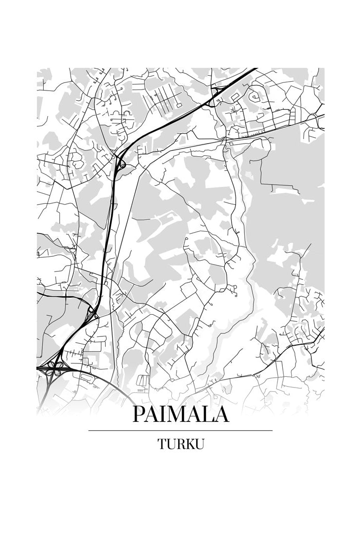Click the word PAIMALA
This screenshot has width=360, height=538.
pos(180,414)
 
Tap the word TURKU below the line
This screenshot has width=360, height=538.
pos(180,444)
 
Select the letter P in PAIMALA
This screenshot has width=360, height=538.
pos(139,414)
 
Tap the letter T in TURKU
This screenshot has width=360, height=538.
pos(162,444)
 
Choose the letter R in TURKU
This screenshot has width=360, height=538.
pos(181,444)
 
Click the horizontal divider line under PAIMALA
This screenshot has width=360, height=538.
pos(180,430)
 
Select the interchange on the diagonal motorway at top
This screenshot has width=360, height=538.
pos(214,96)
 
